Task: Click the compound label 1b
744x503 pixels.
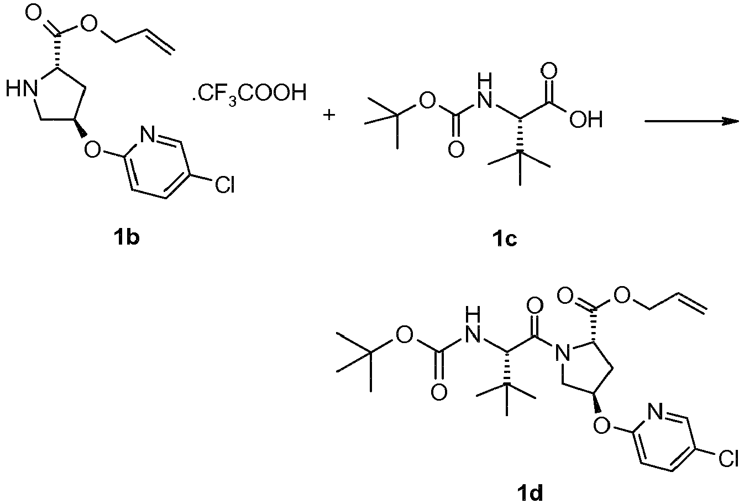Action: [x=127, y=238]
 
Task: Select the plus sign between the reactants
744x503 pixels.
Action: [x=329, y=115]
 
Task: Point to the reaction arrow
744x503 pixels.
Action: [x=692, y=121]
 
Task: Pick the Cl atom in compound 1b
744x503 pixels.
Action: [x=225, y=184]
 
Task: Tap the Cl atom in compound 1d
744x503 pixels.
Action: [x=729, y=458]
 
